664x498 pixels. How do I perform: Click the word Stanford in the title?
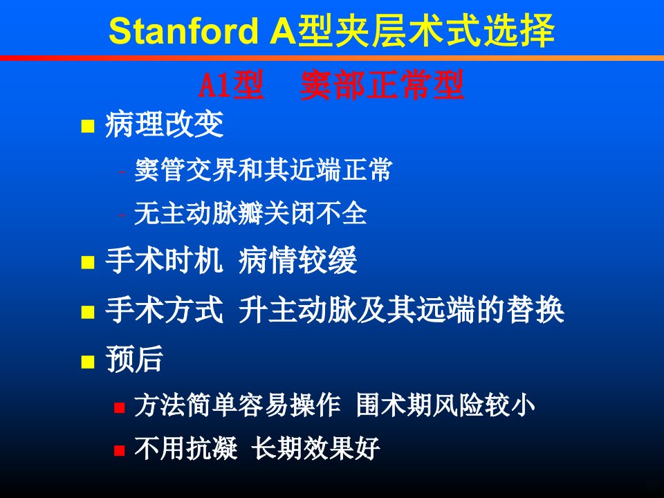pos(183,30)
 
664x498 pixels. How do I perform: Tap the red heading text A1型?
pos(231,85)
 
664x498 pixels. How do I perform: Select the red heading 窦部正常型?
pos(382,85)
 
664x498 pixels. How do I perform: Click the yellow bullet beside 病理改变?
pos(88,126)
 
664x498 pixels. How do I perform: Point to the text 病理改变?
pos(164,124)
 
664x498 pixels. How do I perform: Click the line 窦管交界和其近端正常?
pos(263,170)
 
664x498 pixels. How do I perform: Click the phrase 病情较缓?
pos(297,260)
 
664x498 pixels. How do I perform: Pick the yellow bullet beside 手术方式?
pos(88,312)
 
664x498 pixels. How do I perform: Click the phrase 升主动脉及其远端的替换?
pos(401,310)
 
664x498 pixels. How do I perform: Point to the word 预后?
pos(134,359)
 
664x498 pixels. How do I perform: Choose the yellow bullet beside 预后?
pos(88,362)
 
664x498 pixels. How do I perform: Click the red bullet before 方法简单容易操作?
pos(120,407)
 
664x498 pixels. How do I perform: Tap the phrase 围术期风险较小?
pos(445,405)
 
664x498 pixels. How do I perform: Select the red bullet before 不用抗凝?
pos(120,450)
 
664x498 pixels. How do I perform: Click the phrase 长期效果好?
pos(315,448)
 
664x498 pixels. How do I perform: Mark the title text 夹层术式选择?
pos(427,30)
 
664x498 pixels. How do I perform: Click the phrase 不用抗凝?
pos(186,448)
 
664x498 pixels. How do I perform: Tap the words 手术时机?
pos(164,260)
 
